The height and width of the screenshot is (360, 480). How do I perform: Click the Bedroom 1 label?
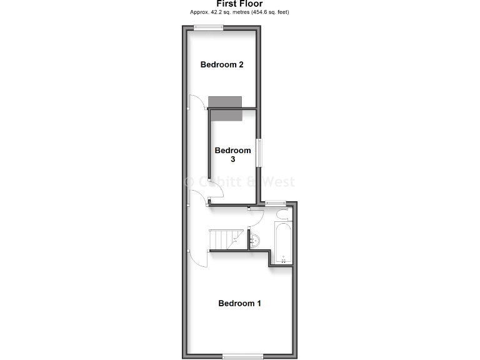tap(239, 304)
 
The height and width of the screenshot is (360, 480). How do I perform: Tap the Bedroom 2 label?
tap(221, 64)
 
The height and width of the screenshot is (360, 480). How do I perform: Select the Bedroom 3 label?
tap(232, 154)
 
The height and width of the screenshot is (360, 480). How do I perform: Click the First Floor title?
tap(239, 3)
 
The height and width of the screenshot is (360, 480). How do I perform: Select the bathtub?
tap(282, 241)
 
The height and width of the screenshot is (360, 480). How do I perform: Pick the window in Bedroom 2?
tap(209, 26)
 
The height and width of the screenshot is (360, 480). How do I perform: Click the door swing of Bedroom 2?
tap(198, 101)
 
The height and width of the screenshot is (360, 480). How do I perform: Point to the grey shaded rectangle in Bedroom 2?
tap(225, 102)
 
